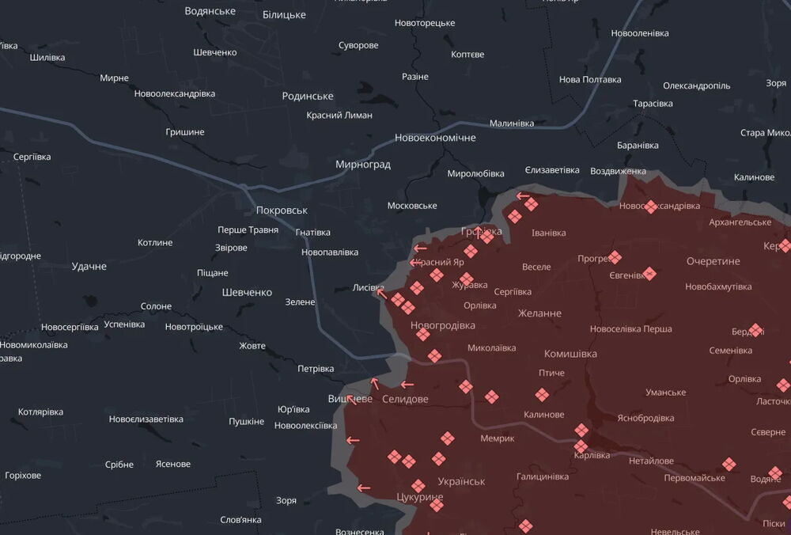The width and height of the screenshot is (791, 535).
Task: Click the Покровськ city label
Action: coord(282,211)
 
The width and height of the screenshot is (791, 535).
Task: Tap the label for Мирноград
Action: coord(363,165)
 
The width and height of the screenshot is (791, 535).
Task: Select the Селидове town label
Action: coord(404,399)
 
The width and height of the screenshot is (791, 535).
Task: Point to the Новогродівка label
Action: coord(443,325)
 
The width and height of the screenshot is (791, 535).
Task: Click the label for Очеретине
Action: coord(713,261)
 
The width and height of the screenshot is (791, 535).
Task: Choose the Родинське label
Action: coord(308,96)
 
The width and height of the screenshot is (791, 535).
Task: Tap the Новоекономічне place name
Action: coord(435,138)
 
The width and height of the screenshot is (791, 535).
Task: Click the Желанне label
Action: coord(539,313)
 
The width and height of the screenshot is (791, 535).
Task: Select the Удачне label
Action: coord(89,266)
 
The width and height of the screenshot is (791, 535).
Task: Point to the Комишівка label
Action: coord(570,354)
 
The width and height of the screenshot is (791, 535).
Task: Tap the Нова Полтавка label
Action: coord(590,79)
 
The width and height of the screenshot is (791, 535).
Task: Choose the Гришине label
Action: coord(185,131)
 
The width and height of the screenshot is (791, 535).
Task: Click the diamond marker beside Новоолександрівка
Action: coord(651,207)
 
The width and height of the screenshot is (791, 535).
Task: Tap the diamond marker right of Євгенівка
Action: coord(649,274)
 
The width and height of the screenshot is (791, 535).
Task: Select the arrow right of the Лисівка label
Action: coord(381,294)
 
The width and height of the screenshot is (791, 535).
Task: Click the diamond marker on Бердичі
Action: coord(755,330)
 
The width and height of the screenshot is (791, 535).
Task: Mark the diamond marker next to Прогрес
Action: coord(615,258)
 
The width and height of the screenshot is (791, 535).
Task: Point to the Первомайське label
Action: coord(694,477)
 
